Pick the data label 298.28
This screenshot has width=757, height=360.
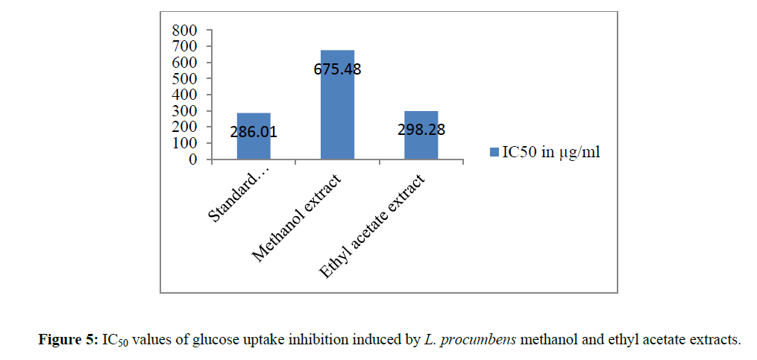tap(421, 130)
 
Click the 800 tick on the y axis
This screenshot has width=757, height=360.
tap(184, 31)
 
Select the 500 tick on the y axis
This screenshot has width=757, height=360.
tap(184, 79)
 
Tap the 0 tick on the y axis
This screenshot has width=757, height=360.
tap(193, 160)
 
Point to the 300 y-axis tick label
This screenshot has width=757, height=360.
tap(184, 111)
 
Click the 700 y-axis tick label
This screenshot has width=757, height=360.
tap(184, 46)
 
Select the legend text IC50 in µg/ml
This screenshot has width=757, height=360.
tap(550, 153)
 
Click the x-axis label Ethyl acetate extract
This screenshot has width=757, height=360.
tap(374, 227)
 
